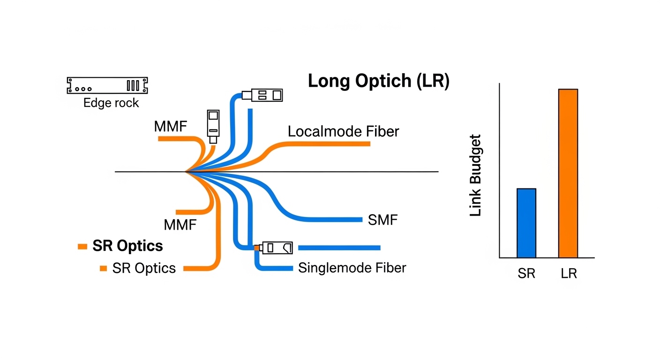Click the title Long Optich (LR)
tap(378, 81)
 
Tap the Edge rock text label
tap(111, 103)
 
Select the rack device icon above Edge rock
tap(107, 85)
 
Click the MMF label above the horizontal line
tap(171, 127)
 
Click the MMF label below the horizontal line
tap(180, 225)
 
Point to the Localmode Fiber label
tap(343, 132)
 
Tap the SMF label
tap(383, 219)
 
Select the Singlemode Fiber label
tap(352, 268)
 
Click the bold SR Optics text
tap(127, 246)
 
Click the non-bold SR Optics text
tap(144, 268)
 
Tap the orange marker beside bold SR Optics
tap(82, 247)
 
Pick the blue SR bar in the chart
tap(526, 223)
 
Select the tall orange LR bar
tap(568, 173)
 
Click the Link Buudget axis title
tap(475, 175)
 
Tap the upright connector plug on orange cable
tap(213, 126)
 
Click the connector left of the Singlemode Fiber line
tap(277, 247)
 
